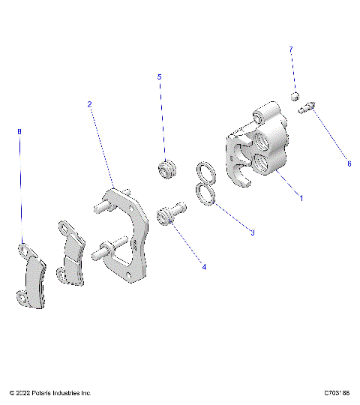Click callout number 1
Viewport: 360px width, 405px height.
click(301, 198)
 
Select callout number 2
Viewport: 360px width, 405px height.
click(89, 104)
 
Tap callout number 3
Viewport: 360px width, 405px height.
click(253, 232)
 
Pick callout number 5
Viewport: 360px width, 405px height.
click(159, 76)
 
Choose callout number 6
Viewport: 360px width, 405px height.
click(349, 163)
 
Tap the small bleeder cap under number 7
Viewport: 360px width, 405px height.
click(295, 95)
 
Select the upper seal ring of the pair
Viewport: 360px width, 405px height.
click(206, 174)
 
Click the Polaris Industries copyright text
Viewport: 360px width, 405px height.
click(51, 392)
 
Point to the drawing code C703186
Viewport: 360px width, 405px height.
click(337, 392)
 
